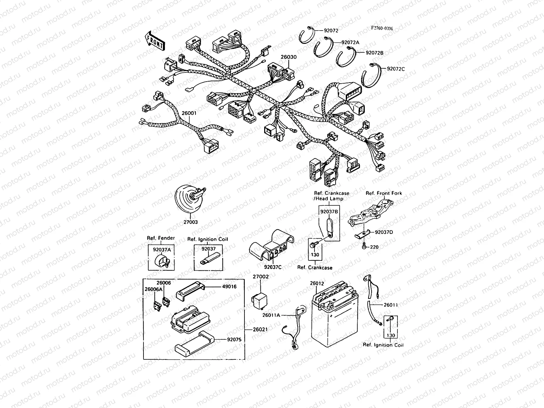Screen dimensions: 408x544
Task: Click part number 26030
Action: pos(289,57)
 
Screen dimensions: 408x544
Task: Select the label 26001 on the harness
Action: pos(189,113)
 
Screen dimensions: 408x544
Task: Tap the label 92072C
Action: pos(396,69)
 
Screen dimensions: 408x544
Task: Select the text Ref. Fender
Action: pos(161,238)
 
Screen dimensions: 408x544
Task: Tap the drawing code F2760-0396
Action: pos(381,29)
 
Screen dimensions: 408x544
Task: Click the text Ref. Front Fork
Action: pos(384,193)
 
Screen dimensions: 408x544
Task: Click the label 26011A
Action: pos(271,315)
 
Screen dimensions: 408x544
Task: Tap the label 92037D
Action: pos(384,232)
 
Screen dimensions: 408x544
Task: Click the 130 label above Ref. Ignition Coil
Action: pos(391,335)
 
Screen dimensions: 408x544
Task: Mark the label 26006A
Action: pos(153,289)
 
